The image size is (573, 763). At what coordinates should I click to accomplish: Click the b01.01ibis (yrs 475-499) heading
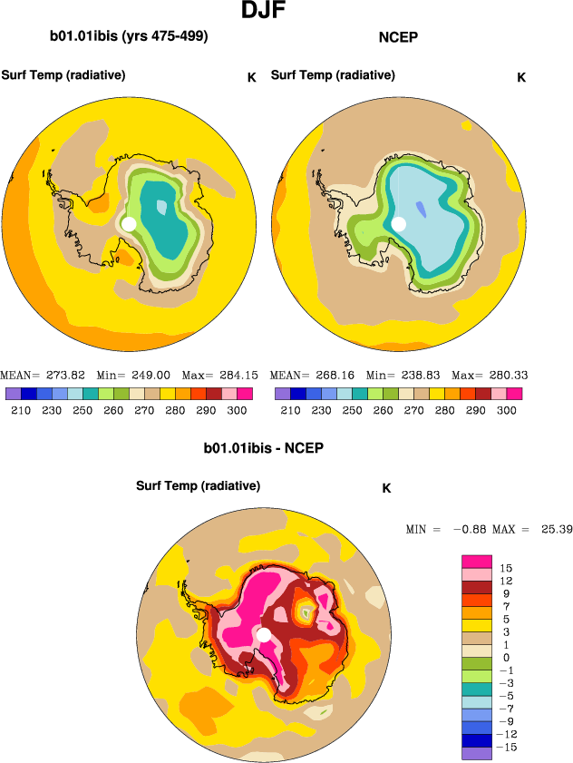pyautogui.click(x=129, y=37)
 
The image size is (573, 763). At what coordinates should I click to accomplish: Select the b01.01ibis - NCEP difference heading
pyautogui.click(x=264, y=448)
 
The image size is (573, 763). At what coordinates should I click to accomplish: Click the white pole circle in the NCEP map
pyautogui.click(x=398, y=224)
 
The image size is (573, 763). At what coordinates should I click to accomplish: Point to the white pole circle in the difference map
pyautogui.click(x=263, y=635)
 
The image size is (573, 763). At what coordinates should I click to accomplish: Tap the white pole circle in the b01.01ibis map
pyautogui.click(x=129, y=223)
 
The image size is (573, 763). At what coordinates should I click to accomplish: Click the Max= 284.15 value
pyautogui.click(x=221, y=375)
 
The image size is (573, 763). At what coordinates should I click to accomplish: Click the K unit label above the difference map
pyautogui.click(x=386, y=488)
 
